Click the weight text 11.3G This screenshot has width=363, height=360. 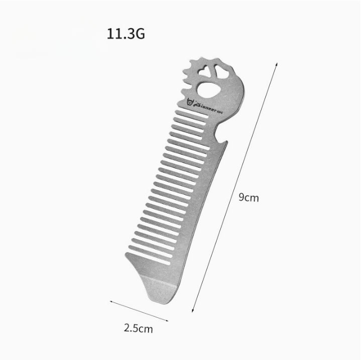pos(126,35)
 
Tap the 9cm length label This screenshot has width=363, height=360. pos(249,198)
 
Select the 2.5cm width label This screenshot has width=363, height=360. pos(139,329)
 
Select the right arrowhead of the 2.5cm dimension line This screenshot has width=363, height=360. pos(167,319)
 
